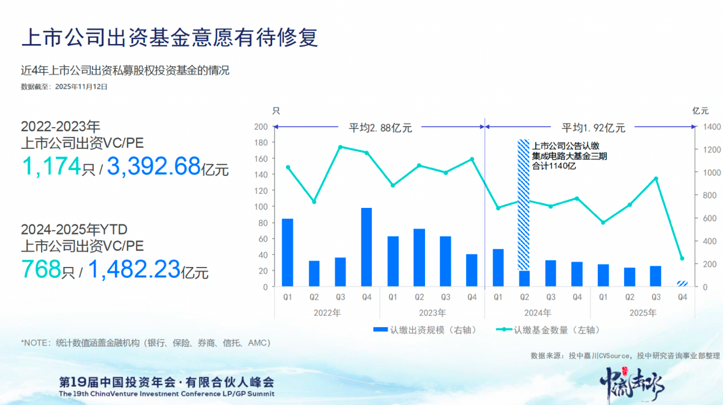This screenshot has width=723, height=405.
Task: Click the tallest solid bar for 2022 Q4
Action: (366, 247)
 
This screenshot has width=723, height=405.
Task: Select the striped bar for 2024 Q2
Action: (524, 205)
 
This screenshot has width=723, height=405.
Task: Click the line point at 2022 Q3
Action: (340, 147)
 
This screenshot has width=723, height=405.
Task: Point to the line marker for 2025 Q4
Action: (681, 258)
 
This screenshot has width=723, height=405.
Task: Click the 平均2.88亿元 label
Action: (380, 127)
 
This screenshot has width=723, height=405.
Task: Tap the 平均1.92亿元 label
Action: (594, 127)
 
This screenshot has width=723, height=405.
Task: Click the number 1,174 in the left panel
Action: (51, 166)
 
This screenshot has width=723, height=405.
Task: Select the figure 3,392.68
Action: (154, 166)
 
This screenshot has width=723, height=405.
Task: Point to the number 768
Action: (42, 268)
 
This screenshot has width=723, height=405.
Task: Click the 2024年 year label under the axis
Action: (538, 313)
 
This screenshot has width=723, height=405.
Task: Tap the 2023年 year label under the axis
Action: (432, 313)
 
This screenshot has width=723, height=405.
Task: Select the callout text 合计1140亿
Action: (553, 166)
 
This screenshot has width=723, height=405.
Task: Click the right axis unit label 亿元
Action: (700, 110)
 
